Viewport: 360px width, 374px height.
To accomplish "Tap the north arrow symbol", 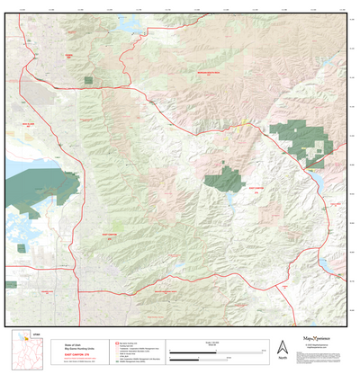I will click(282, 346).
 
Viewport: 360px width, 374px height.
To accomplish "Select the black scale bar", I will click(212, 349).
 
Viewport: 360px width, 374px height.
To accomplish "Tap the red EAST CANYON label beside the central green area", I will click(255, 190).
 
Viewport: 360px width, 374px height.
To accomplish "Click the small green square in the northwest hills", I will click(88, 81).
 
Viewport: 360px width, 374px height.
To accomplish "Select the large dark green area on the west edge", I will click(31, 186).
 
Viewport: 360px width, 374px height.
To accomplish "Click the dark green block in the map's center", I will click(222, 176).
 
